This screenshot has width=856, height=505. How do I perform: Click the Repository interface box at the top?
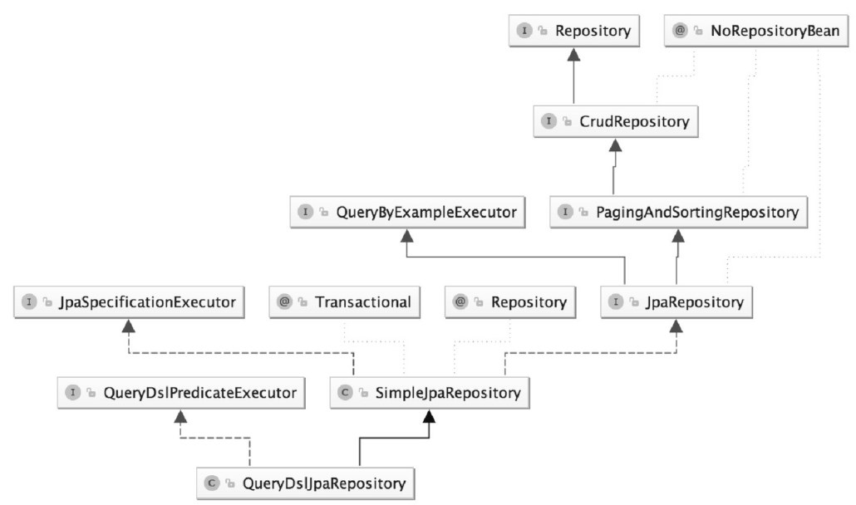click(x=573, y=31)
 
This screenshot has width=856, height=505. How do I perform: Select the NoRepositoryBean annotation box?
click(x=756, y=31)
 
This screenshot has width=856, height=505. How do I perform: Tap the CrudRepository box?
click(x=616, y=121)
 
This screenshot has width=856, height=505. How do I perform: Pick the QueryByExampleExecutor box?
click(x=407, y=212)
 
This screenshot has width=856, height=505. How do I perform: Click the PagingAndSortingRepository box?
click(x=679, y=212)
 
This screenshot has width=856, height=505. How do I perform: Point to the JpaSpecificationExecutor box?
click(x=129, y=302)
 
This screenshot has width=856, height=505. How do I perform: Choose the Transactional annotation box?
click(x=344, y=302)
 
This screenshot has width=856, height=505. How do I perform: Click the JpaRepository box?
click(x=676, y=302)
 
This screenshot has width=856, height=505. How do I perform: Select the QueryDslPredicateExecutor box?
click(x=181, y=393)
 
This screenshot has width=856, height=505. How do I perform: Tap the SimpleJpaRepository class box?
click(x=430, y=393)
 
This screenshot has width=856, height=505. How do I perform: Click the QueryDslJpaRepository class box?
click(x=306, y=483)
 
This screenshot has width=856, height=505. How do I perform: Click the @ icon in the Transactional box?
click(x=284, y=302)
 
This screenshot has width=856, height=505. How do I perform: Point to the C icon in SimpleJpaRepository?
click(x=345, y=392)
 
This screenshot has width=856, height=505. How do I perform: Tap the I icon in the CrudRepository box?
click(x=549, y=120)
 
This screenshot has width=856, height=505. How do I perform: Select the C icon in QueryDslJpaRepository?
click(x=212, y=483)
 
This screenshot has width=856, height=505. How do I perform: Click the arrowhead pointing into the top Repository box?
click(x=573, y=54)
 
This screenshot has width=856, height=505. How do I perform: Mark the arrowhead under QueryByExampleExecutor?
click(x=407, y=236)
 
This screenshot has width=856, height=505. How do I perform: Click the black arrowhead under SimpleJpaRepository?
click(x=430, y=416)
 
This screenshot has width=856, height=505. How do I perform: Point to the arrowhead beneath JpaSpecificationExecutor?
click(x=129, y=326)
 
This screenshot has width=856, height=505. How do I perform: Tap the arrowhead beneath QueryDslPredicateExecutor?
click(x=180, y=416)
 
